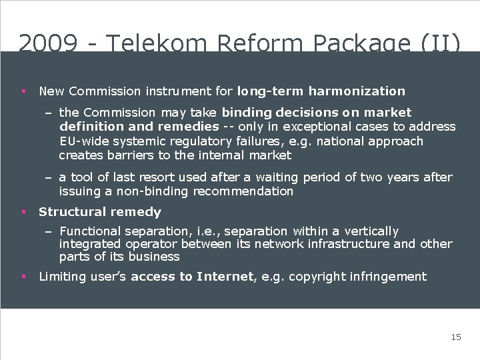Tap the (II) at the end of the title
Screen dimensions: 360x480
(x=440, y=43)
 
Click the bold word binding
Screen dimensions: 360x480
(x=247, y=113)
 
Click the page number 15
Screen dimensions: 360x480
(x=456, y=337)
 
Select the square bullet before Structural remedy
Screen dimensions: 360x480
(x=23, y=212)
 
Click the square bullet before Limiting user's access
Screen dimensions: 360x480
(x=23, y=277)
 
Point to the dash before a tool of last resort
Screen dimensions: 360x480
(x=49, y=177)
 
